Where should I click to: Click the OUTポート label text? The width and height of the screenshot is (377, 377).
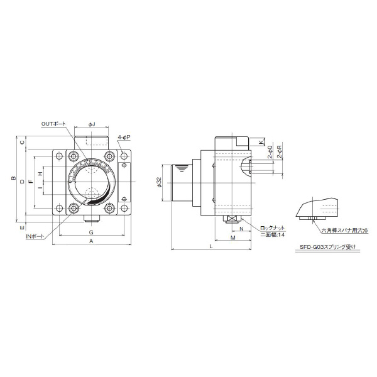click(x=53, y=124)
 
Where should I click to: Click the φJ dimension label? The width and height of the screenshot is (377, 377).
click(x=92, y=124)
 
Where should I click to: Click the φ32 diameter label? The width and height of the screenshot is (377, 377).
click(x=160, y=182)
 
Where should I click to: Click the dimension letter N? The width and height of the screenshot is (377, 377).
click(x=241, y=229)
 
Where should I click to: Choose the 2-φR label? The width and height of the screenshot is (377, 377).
click(x=279, y=153)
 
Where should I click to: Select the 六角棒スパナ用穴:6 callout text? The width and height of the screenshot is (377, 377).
click(x=343, y=231)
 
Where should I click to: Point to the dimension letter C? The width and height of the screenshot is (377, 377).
click(x=22, y=143)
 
